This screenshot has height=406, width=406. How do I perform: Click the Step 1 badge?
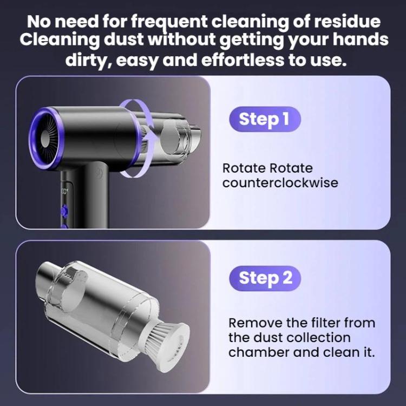point(265,120)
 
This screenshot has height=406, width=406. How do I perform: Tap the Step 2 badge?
point(265,278)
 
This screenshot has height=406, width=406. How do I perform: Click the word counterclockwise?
point(280,183)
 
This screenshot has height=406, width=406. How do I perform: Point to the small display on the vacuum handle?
point(64,192)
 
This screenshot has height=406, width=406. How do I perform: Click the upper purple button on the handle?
point(65,209)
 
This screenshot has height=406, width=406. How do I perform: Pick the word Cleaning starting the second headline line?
point(60,40)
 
